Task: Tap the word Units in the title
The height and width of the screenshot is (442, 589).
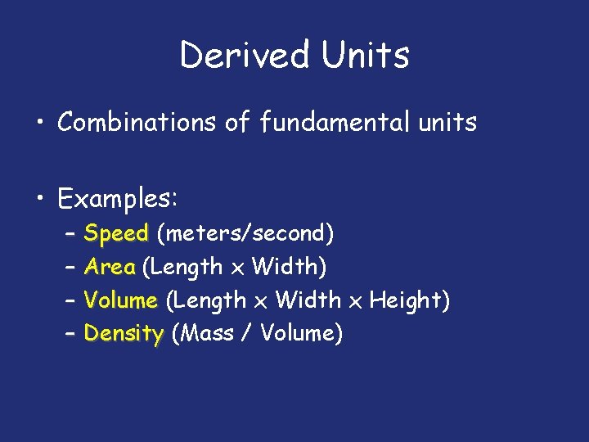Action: [365, 55]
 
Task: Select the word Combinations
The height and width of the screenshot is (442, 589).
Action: [139, 123]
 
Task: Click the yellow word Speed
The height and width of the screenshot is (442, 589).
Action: [116, 234]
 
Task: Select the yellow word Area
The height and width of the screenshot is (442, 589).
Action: [109, 267]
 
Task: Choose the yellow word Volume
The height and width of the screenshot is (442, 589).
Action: [120, 300]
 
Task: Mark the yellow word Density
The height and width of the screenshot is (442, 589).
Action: [124, 334]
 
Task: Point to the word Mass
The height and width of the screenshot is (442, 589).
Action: [209, 334]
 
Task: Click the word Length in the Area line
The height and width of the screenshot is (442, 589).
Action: [187, 267]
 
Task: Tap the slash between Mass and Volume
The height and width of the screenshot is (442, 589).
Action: [245, 334]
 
